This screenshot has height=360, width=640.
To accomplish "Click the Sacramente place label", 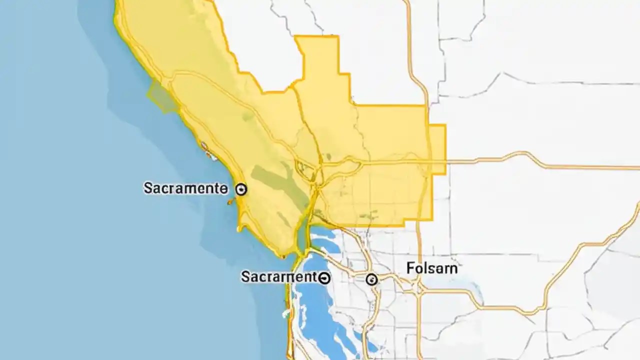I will (185, 188).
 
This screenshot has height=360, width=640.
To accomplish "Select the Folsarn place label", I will (431, 268).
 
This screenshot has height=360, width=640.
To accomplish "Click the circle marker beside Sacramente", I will (241, 189).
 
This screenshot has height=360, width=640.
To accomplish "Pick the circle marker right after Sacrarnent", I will (324, 277).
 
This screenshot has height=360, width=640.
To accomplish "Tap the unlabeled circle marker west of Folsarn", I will (371, 279).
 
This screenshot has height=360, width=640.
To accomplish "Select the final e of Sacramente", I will (223, 189).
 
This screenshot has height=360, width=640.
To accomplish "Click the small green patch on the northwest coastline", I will (161, 96).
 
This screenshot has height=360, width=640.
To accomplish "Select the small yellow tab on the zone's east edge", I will (438, 149).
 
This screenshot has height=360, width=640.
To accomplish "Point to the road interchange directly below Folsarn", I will (419, 288).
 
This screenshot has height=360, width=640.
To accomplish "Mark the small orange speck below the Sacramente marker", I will (230, 202).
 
